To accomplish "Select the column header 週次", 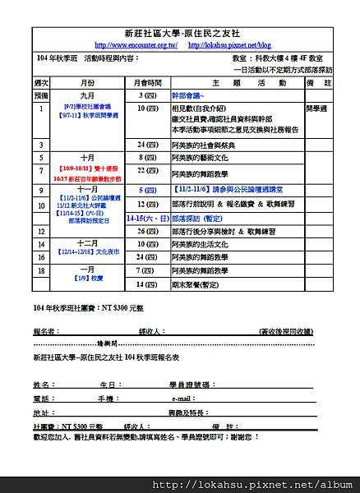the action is click(43, 84).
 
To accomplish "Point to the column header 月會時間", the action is click(147, 84).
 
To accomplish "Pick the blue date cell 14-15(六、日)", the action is click(147, 219).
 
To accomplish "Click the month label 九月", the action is click(88, 96).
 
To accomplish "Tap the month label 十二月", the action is click(88, 243).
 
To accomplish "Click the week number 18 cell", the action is click(43, 270).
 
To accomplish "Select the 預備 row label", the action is click(43, 96).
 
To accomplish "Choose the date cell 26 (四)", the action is click(147, 231).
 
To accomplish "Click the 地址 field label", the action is click(41, 412).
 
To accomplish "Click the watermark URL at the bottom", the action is click(279, 484).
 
